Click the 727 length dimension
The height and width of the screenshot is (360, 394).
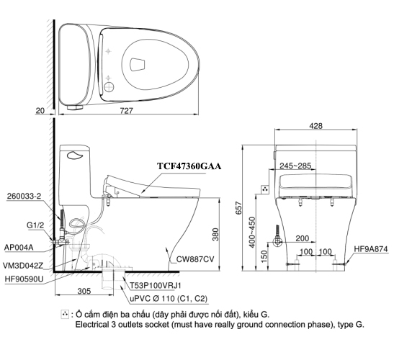click(125, 110)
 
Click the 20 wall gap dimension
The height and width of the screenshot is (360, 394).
click(40, 110)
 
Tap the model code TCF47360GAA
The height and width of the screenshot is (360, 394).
click(189, 166)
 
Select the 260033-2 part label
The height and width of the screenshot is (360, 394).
click(24, 195)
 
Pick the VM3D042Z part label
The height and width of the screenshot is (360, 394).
click(27, 264)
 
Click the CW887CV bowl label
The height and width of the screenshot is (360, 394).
click(191, 260)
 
